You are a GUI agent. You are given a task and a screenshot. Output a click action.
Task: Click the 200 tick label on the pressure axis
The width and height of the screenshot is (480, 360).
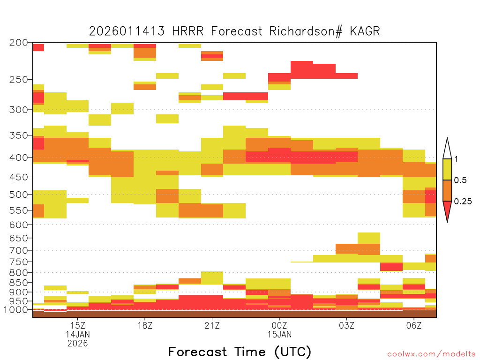(19, 43)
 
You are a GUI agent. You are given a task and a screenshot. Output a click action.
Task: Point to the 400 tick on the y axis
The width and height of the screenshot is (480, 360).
(19, 157)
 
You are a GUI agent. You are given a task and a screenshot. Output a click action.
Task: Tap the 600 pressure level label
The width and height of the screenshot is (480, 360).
(19, 225)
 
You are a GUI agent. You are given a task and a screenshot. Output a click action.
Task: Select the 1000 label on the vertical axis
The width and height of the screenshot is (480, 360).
(15, 310)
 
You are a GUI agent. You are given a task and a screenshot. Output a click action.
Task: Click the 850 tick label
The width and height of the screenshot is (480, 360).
(19, 283)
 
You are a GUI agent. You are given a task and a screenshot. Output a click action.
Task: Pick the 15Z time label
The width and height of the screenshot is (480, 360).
(78, 325)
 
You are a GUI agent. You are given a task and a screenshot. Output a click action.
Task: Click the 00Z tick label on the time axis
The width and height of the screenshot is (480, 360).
(279, 325)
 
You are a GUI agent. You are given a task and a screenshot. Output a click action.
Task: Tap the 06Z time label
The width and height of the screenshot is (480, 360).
(414, 325)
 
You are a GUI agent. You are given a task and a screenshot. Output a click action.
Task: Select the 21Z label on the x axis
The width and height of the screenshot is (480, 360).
(212, 325)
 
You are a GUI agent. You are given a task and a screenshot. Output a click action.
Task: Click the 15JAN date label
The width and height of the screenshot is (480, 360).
(279, 334)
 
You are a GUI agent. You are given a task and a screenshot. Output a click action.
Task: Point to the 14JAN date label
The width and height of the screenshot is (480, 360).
(78, 334)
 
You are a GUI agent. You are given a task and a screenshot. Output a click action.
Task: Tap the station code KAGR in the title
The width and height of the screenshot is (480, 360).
(365, 31)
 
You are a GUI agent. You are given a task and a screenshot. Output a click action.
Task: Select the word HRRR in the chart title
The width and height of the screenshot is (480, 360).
(187, 31)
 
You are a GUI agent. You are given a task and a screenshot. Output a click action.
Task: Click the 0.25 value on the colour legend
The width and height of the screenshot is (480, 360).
(463, 202)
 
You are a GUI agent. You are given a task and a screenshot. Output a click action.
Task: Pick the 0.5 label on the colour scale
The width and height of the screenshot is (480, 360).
(460, 180)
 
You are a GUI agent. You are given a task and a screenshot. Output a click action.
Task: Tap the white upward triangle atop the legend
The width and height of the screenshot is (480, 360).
(447, 149)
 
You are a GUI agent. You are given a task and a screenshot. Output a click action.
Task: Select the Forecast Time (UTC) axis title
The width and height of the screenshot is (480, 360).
(240, 352)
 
